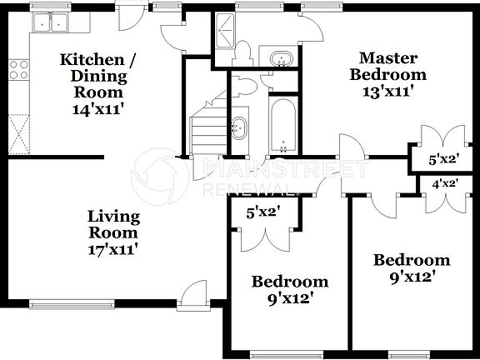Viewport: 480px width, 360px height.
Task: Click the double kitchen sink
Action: (50, 22)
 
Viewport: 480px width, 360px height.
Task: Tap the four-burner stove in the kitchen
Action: (18, 69)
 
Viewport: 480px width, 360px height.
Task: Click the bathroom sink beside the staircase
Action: (239, 127)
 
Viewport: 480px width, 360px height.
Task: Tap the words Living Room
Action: (113, 224)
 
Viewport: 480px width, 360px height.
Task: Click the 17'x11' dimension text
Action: (113, 247)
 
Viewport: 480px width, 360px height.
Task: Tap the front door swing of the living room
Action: (194, 292)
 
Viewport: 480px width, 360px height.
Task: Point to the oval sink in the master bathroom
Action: (282, 59)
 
